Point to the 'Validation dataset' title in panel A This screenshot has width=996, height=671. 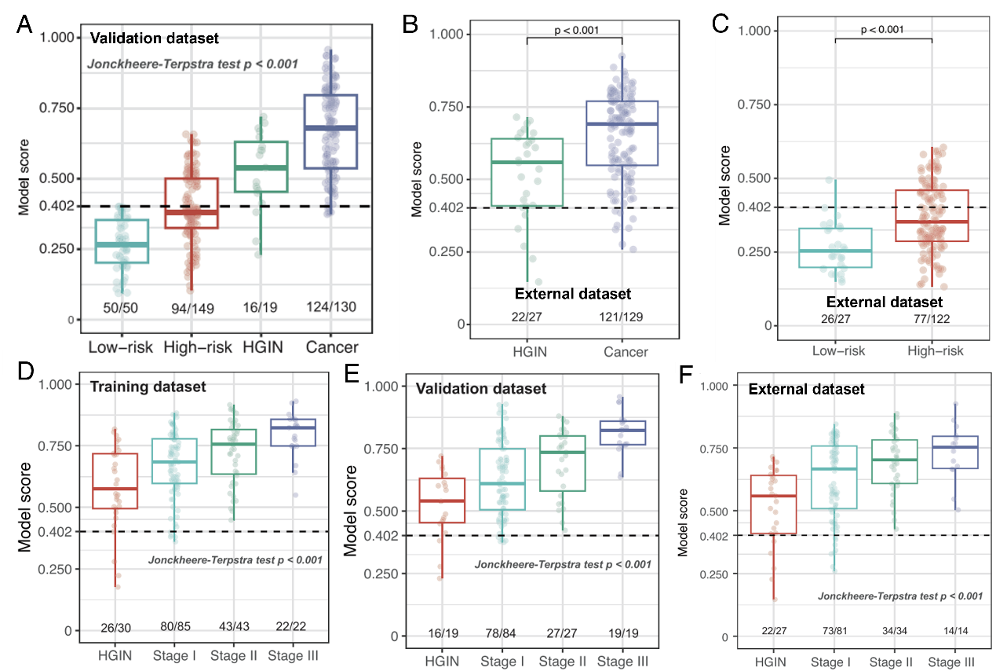[x=154, y=37]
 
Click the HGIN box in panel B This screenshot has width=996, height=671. [x=527, y=173]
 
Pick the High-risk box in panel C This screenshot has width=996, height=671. [x=932, y=215]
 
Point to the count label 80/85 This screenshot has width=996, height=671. [x=173, y=626]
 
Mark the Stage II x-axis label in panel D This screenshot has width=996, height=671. [x=232, y=656]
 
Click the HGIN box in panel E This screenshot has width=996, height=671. [x=443, y=500]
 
